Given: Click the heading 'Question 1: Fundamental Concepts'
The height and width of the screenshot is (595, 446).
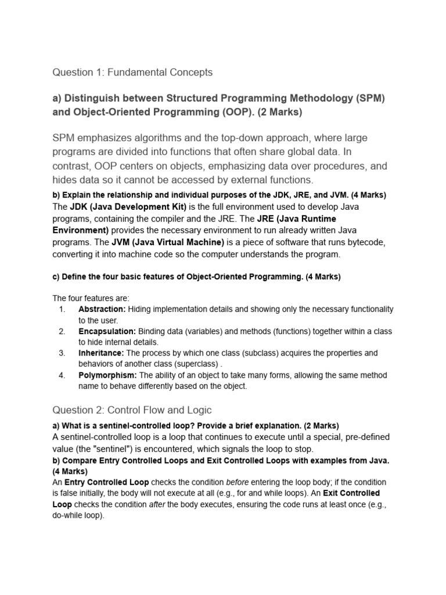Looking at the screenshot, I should pos(132,73).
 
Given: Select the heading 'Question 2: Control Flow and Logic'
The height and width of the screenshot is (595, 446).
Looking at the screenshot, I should pos(132,410).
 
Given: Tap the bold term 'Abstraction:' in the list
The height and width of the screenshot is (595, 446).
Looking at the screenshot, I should pos(102,309).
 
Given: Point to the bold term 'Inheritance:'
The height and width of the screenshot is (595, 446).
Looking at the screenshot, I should pos(101,353).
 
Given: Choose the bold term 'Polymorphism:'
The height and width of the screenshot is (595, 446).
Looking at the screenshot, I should pos(107,375).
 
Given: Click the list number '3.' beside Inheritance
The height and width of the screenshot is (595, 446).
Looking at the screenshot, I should pos(62,353).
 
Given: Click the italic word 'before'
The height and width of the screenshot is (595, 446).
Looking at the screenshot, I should pos(238,483).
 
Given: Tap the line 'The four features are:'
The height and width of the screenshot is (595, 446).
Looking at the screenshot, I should pos(91,298).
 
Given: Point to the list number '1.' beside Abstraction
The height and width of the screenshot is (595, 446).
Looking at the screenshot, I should pos(62,309).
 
